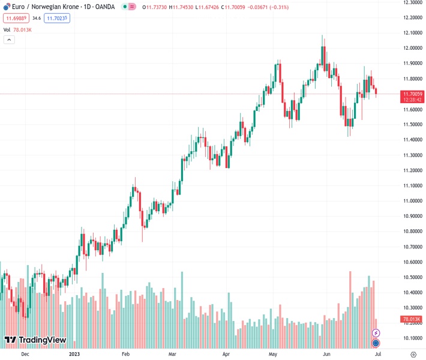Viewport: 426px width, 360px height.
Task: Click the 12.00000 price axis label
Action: click(412, 48)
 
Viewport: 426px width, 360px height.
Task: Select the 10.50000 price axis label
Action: click(412, 277)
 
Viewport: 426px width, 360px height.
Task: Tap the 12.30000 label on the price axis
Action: click(412, 2)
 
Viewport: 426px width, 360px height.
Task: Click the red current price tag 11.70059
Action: click(413, 94)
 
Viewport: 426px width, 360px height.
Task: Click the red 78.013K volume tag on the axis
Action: click(413, 319)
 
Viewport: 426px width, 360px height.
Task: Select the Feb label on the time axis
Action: click(125, 354)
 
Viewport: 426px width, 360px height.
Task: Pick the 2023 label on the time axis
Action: click(74, 354)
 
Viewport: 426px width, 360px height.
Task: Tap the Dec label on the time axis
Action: click(25, 354)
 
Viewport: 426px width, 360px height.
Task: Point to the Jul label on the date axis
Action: click(377, 354)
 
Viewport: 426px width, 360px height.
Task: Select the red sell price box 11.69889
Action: click(16, 19)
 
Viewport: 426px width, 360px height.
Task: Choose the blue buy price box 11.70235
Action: click(57, 19)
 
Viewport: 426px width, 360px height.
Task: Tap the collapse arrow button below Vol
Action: click(9, 40)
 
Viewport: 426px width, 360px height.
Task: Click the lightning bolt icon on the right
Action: click(376, 333)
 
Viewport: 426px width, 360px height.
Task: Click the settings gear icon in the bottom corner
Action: click(412, 354)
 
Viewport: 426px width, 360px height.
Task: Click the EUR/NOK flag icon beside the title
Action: click(6, 7)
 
